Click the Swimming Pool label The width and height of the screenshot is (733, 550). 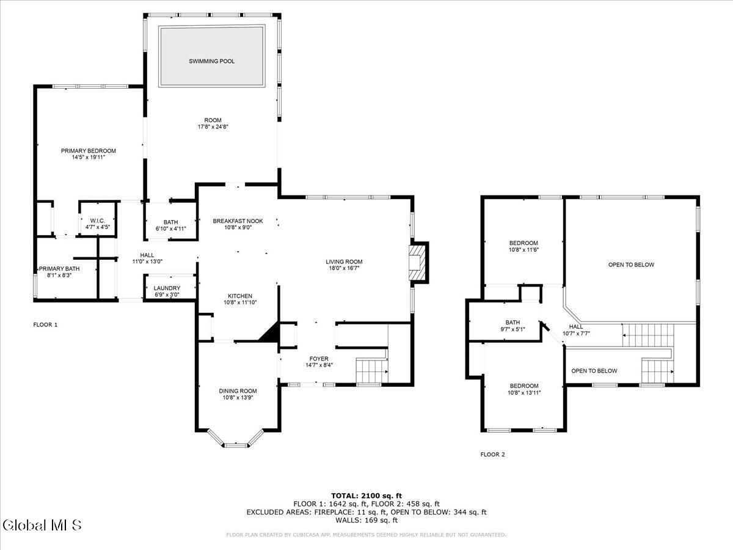pos(212,61)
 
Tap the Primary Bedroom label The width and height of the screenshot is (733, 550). pos(89,151)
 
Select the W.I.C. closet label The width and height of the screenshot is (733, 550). pos(98,221)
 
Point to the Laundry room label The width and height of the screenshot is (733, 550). pos(167,288)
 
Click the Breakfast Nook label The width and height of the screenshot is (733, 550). pos(238,221)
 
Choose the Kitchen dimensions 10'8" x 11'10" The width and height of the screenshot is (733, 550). pos(240,302)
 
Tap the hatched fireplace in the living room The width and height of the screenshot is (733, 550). pos(418,262)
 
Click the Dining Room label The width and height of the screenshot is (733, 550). pos(238,391)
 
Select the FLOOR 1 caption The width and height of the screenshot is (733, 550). pos(45,324)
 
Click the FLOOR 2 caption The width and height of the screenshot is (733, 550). pos(492,454)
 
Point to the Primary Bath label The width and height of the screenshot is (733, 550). pos(59,269)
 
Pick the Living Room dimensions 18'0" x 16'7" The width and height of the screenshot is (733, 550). pos(344,268)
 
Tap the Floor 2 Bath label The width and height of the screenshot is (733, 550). pos(512,322)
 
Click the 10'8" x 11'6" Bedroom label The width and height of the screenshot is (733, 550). pos(523,243)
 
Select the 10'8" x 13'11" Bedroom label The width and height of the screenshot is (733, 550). pos(524,386)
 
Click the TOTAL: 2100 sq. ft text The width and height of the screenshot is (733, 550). pos(366,496)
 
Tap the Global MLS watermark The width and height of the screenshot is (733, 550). pos(42,525)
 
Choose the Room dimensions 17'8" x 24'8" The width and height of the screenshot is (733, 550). pos(213,127)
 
